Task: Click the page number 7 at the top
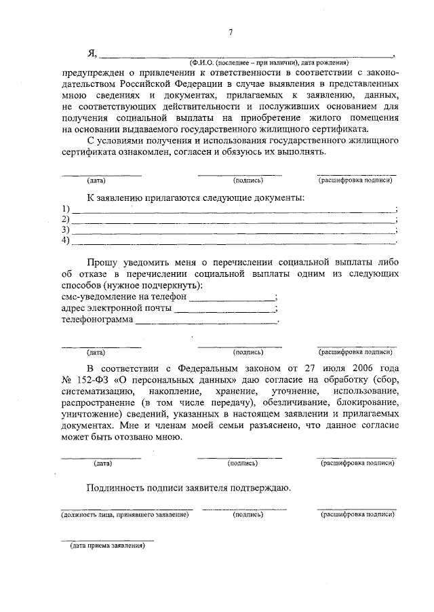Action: (x=231, y=32)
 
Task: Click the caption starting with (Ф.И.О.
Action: (x=269, y=62)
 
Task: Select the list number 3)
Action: (x=65, y=230)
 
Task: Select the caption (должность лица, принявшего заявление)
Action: (x=125, y=515)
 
